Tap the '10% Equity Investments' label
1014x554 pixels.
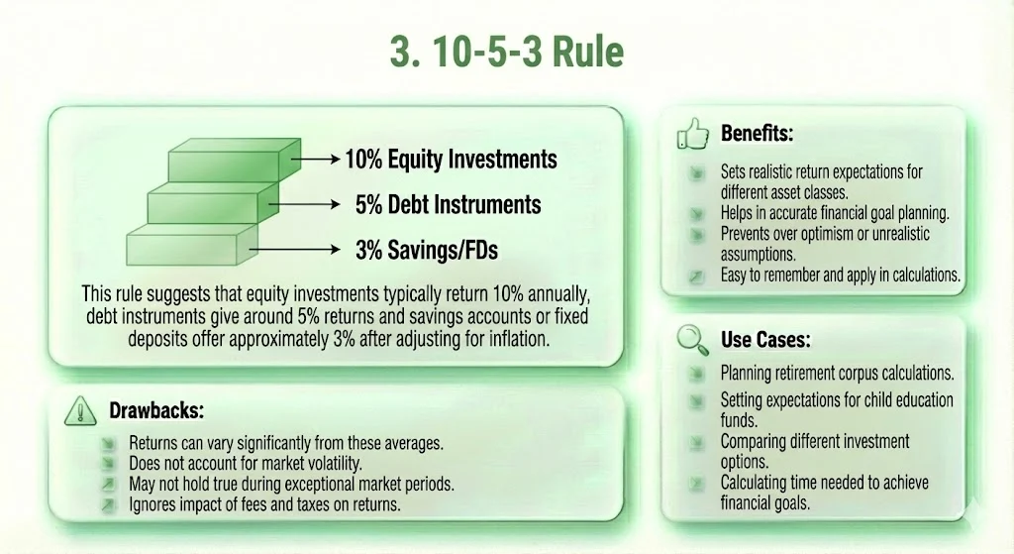(x=451, y=159)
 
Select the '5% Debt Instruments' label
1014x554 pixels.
(x=448, y=205)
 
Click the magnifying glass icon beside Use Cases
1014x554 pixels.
(x=690, y=339)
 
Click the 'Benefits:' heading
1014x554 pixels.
(x=758, y=133)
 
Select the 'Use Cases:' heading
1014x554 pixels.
(x=765, y=340)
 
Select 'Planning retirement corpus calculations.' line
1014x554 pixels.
(x=837, y=375)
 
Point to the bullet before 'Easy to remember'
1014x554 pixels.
(x=696, y=277)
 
